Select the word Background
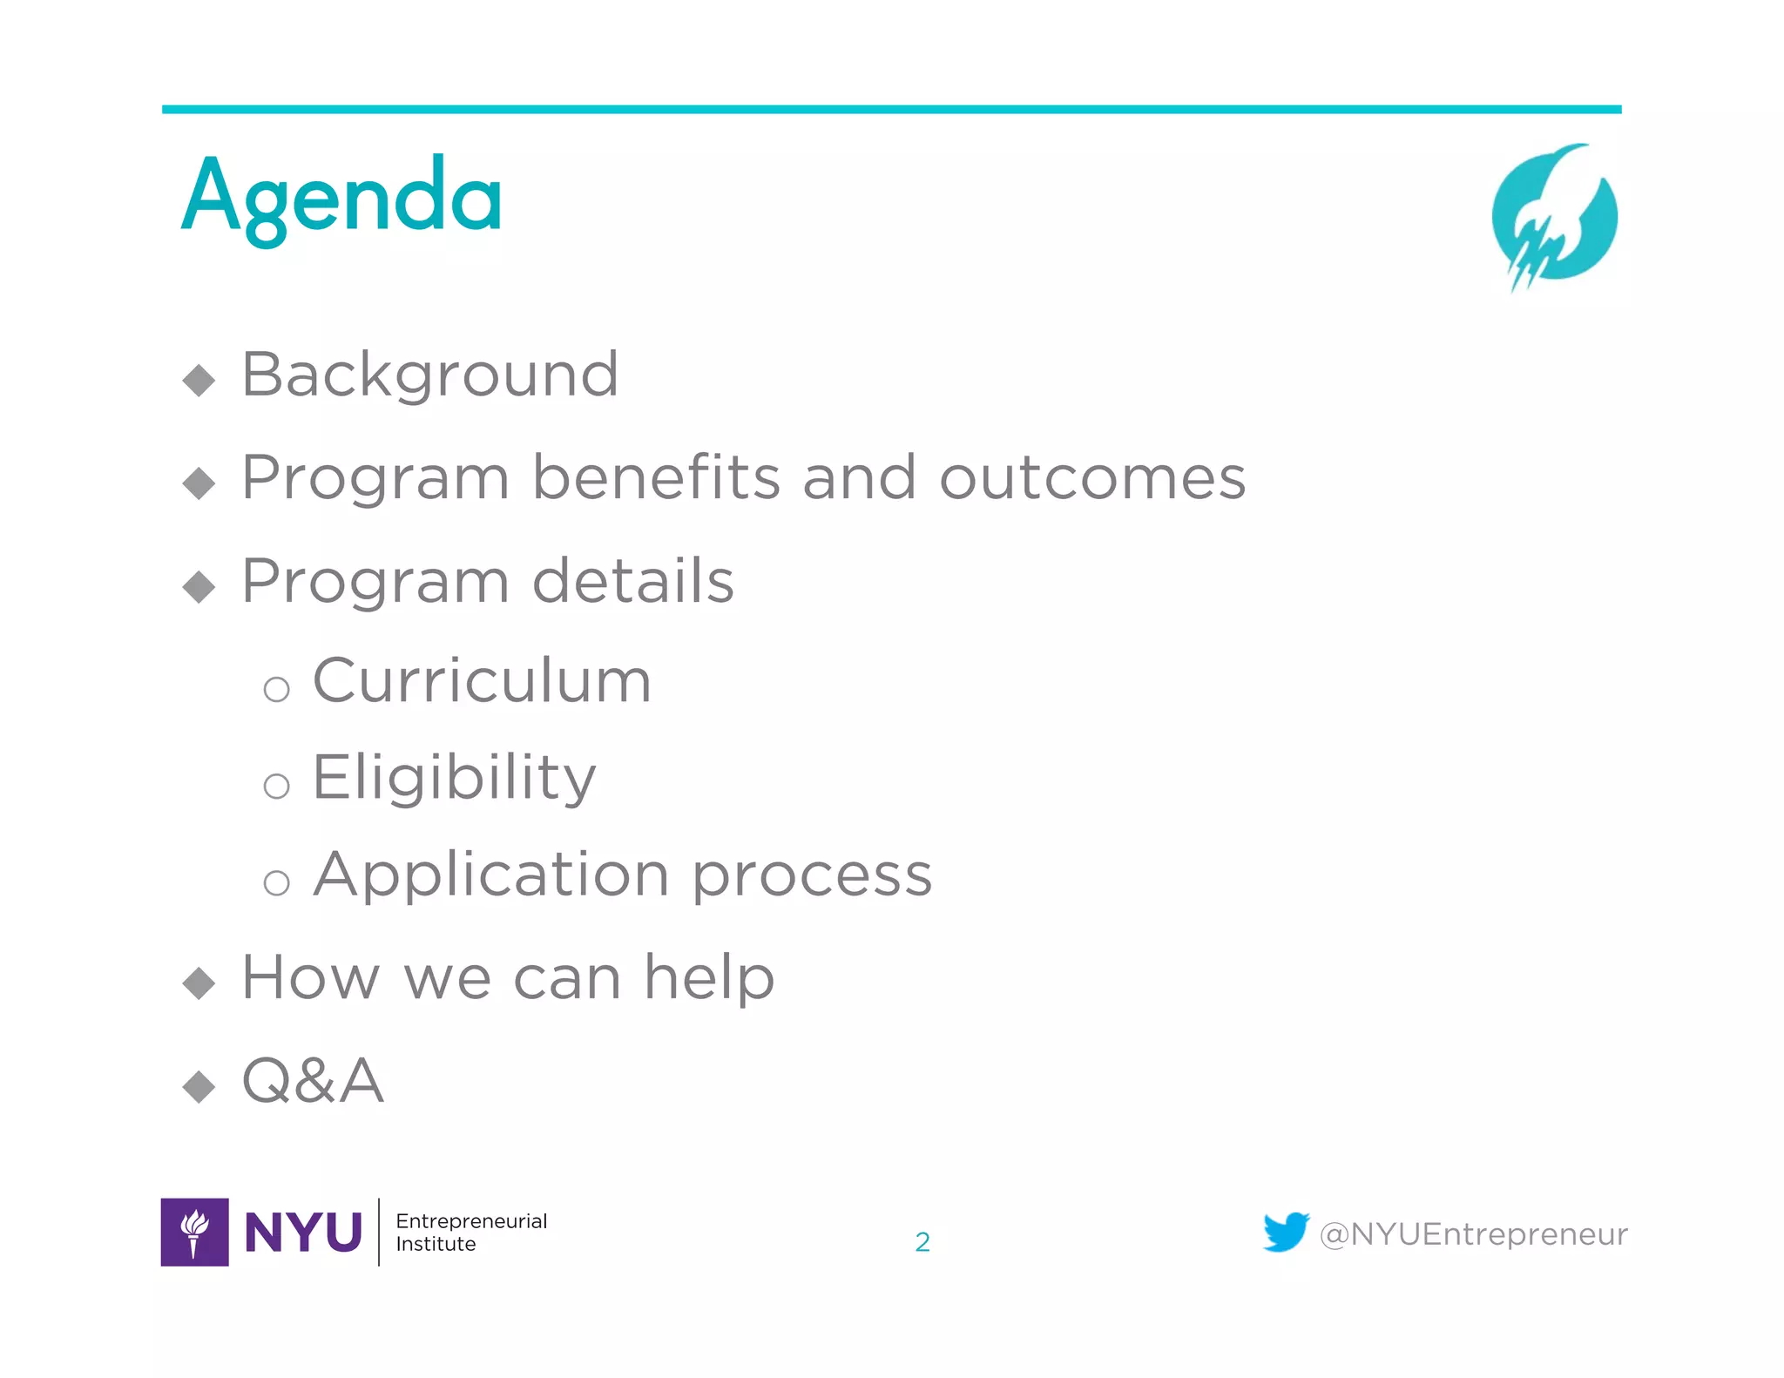[x=429, y=375]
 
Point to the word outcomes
[x=1092, y=478]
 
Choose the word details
[x=632, y=581]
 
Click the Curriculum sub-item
[x=482, y=680]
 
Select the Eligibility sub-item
[x=454, y=777]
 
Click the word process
[x=812, y=876]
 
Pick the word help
[x=709, y=978]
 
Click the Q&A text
[x=313, y=1081]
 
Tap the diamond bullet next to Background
[x=199, y=380]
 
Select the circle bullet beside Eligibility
[x=276, y=786]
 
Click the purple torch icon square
[x=195, y=1232]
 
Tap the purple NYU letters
[x=303, y=1233]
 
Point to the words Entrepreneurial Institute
[x=470, y=1232]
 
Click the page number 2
[x=922, y=1242]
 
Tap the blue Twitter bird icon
[x=1286, y=1232]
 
